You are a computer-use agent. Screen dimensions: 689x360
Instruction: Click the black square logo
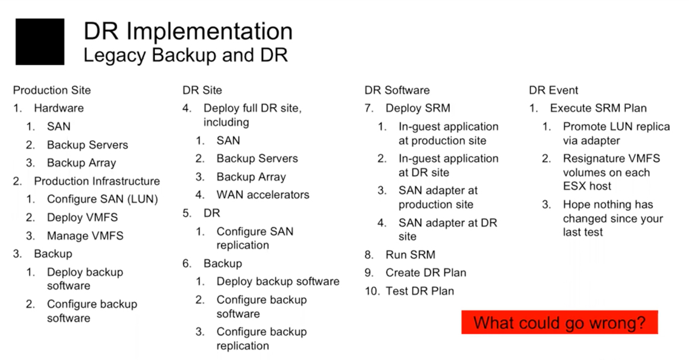click(x=40, y=42)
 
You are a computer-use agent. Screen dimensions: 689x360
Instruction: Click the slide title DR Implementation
click(x=188, y=32)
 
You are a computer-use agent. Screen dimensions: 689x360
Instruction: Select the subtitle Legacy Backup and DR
click(x=185, y=55)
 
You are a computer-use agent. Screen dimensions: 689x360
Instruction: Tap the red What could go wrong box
click(x=560, y=323)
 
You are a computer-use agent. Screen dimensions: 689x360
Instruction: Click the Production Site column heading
click(x=52, y=90)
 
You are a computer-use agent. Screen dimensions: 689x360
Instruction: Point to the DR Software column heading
click(x=397, y=90)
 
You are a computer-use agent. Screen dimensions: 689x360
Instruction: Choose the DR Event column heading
click(x=553, y=90)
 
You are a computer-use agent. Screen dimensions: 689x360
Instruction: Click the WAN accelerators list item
click(x=263, y=195)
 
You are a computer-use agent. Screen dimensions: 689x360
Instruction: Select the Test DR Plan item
click(x=420, y=291)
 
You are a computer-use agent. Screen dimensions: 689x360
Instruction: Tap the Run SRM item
click(x=410, y=255)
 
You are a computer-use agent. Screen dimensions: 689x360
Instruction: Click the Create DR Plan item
click(x=426, y=273)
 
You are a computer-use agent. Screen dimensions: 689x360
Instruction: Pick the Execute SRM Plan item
click(x=599, y=108)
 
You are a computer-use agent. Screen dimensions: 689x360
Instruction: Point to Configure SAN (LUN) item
click(x=102, y=199)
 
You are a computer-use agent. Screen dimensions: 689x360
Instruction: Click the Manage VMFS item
click(x=86, y=236)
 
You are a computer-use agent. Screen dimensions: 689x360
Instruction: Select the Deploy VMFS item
click(x=83, y=218)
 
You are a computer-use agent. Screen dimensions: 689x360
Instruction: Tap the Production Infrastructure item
click(x=97, y=181)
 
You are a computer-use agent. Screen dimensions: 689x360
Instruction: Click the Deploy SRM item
click(x=418, y=108)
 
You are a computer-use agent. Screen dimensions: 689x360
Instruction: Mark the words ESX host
click(x=587, y=186)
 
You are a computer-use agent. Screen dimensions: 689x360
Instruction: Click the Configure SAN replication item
click(x=255, y=238)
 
